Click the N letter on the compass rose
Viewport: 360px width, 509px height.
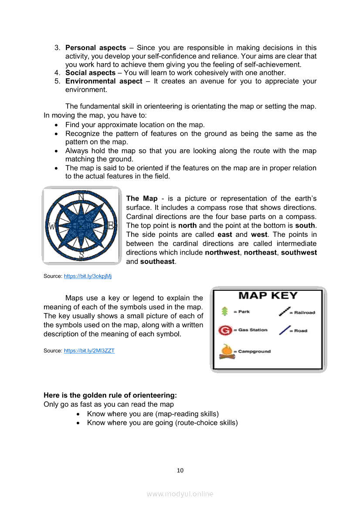point(81,197)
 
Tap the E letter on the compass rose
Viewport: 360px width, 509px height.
point(111,226)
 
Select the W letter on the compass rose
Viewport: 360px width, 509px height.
point(52,226)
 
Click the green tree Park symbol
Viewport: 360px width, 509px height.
point(225,311)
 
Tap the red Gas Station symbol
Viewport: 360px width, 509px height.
point(225,330)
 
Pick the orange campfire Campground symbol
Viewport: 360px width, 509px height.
point(226,351)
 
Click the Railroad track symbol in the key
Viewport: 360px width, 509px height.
point(285,311)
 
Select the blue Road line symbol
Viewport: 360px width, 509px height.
point(285,330)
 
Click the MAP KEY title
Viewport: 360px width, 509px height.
point(268,296)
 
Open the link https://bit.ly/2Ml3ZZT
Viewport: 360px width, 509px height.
point(89,351)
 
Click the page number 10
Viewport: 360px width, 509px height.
point(180,470)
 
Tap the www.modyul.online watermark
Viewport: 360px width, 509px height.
point(180,494)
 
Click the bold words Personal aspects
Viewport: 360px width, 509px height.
point(95,48)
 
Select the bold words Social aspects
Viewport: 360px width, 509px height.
point(90,73)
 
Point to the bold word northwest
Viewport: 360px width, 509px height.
point(222,253)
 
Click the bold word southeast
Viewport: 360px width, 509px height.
point(157,262)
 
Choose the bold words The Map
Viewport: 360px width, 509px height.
point(142,199)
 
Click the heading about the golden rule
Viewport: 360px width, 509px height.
point(110,395)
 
